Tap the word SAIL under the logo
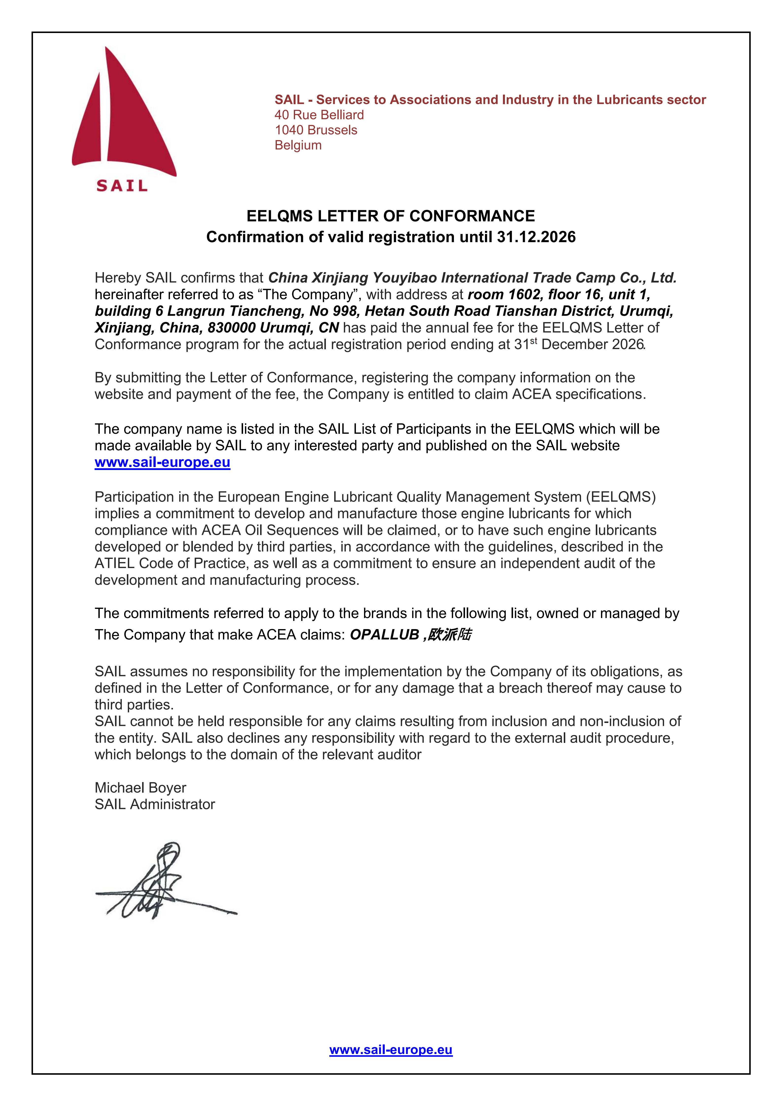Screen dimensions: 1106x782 pos(122,186)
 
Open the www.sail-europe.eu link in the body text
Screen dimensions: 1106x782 pos(162,462)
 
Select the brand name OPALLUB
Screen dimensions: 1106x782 pos(384,635)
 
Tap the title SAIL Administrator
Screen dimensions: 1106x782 pos(155,804)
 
